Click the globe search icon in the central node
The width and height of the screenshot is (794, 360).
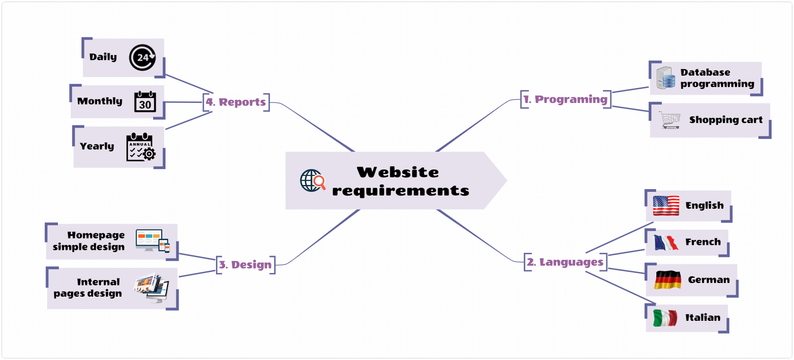click(x=313, y=180)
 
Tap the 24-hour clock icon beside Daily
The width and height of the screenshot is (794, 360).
click(x=142, y=57)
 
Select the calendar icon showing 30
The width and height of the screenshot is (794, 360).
click(x=145, y=101)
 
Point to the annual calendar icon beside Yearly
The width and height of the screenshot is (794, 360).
click(x=141, y=147)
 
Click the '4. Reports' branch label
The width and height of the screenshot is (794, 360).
click(x=236, y=102)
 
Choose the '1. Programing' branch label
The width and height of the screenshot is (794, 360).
click(x=565, y=99)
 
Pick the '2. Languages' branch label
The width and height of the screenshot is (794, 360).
click(x=565, y=262)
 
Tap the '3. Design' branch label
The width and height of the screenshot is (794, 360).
click(x=246, y=265)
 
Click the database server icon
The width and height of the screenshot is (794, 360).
click(x=666, y=78)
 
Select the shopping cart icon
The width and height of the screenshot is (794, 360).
click(x=670, y=120)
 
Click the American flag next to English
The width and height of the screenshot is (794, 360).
click(x=666, y=206)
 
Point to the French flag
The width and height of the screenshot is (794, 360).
click(x=666, y=242)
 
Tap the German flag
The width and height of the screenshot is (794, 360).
click(x=668, y=280)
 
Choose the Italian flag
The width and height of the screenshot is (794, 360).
click(x=665, y=318)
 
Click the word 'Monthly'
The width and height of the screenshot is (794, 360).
click(x=100, y=101)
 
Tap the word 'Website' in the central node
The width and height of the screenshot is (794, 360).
click(x=398, y=172)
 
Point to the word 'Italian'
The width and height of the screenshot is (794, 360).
click(x=703, y=317)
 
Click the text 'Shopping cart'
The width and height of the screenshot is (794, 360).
click(x=726, y=120)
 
